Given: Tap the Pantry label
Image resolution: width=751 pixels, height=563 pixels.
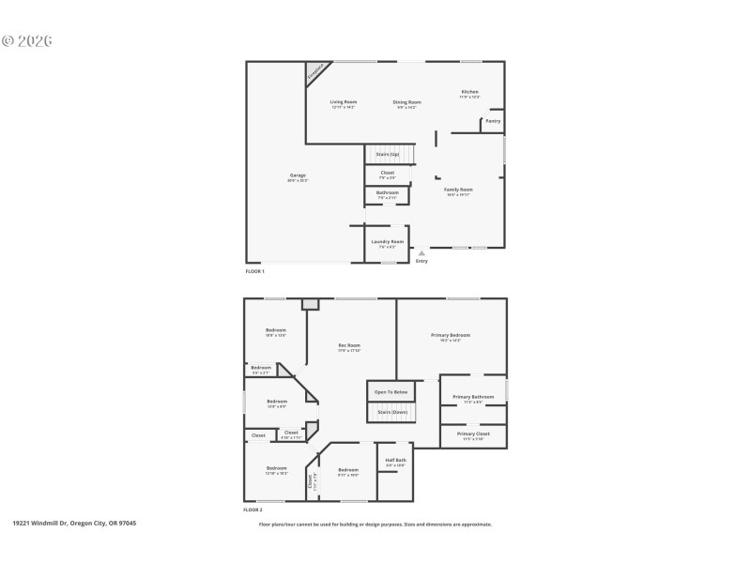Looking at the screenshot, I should click(x=493, y=121).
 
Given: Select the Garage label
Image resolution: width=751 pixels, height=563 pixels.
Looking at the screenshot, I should click(x=298, y=175).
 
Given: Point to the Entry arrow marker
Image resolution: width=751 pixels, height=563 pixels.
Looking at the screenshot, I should click(x=421, y=252).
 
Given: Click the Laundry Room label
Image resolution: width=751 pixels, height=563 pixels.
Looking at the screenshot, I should click(x=387, y=242).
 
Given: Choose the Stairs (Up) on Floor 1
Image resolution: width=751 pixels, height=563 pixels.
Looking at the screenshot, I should click(x=387, y=154).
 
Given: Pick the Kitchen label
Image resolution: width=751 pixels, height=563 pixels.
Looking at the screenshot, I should click(x=469, y=92).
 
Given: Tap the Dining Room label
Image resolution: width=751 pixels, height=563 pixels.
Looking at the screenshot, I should click(x=406, y=102).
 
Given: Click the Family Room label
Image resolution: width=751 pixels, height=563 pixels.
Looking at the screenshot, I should click(x=458, y=190).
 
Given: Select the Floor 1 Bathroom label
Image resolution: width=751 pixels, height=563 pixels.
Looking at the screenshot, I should click(x=387, y=193).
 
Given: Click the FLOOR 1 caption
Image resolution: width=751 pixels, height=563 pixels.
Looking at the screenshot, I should click(x=254, y=271).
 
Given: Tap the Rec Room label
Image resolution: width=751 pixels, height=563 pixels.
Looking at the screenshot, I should click(x=349, y=345).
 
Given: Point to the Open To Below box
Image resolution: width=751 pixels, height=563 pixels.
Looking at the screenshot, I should click(x=391, y=391).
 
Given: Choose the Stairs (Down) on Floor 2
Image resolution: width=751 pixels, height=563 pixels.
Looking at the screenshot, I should click(x=391, y=412).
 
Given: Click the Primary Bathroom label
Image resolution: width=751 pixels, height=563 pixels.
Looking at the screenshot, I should click(x=473, y=397).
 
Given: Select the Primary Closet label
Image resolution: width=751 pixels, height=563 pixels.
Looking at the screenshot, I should click(x=473, y=434).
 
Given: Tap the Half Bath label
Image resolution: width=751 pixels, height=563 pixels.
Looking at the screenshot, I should click(x=395, y=461).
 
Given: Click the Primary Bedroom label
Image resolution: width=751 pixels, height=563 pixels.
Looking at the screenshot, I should click(x=451, y=336).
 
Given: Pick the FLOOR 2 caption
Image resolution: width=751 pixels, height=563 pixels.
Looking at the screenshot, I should click(x=253, y=510).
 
